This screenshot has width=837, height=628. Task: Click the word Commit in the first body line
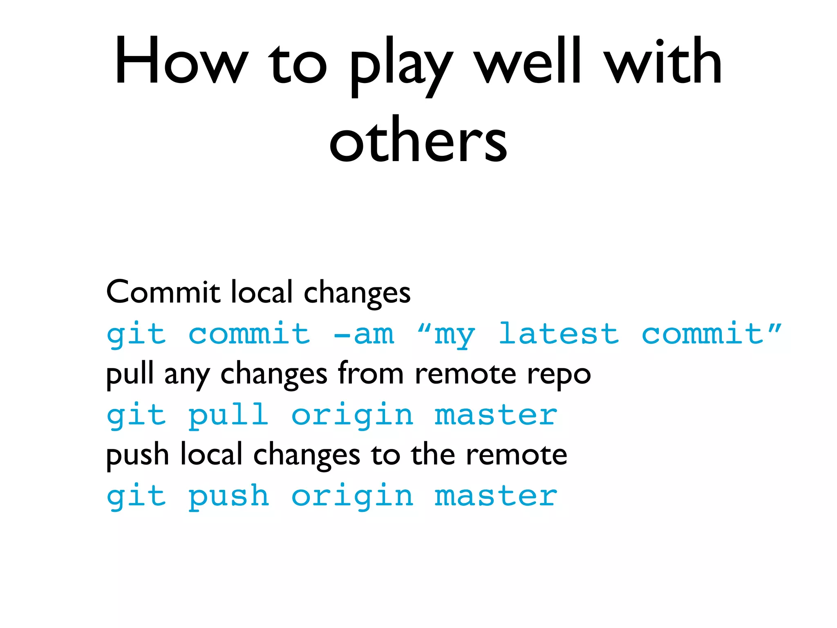pyautogui.click(x=163, y=292)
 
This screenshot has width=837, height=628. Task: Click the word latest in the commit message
pyautogui.click(x=559, y=333)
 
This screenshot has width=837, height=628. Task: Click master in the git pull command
pyautogui.click(x=496, y=415)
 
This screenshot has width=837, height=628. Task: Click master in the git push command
pyautogui.click(x=496, y=496)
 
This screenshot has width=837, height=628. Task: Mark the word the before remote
pyautogui.click(x=433, y=454)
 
